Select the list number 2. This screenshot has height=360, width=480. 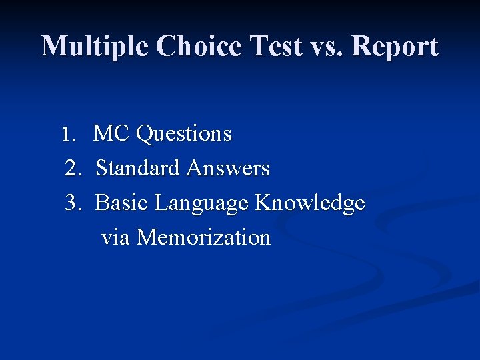pos(72,169)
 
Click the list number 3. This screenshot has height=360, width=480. pos(72,203)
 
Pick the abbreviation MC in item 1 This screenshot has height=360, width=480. pos(111,134)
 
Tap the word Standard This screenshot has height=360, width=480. pos(139,169)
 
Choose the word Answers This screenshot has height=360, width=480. pos(228,169)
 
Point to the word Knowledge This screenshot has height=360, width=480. pos(310,203)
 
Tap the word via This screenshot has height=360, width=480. pos(115,238)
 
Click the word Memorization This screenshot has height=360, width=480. pos(203,238)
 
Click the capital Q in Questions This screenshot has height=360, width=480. pos(143,135)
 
